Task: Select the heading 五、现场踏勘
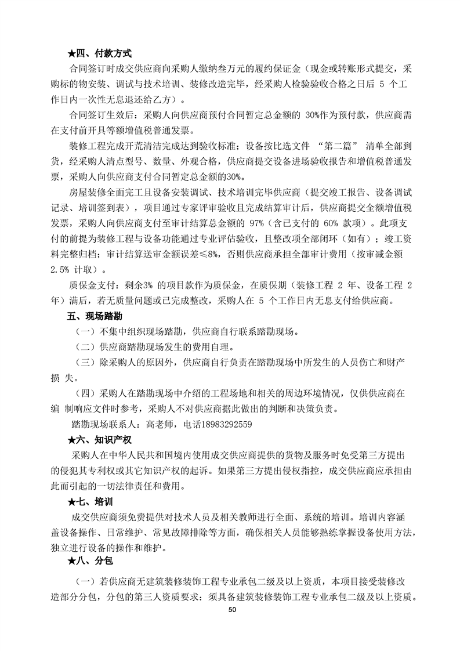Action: tap(93, 317)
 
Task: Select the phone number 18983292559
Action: tap(224, 424)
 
